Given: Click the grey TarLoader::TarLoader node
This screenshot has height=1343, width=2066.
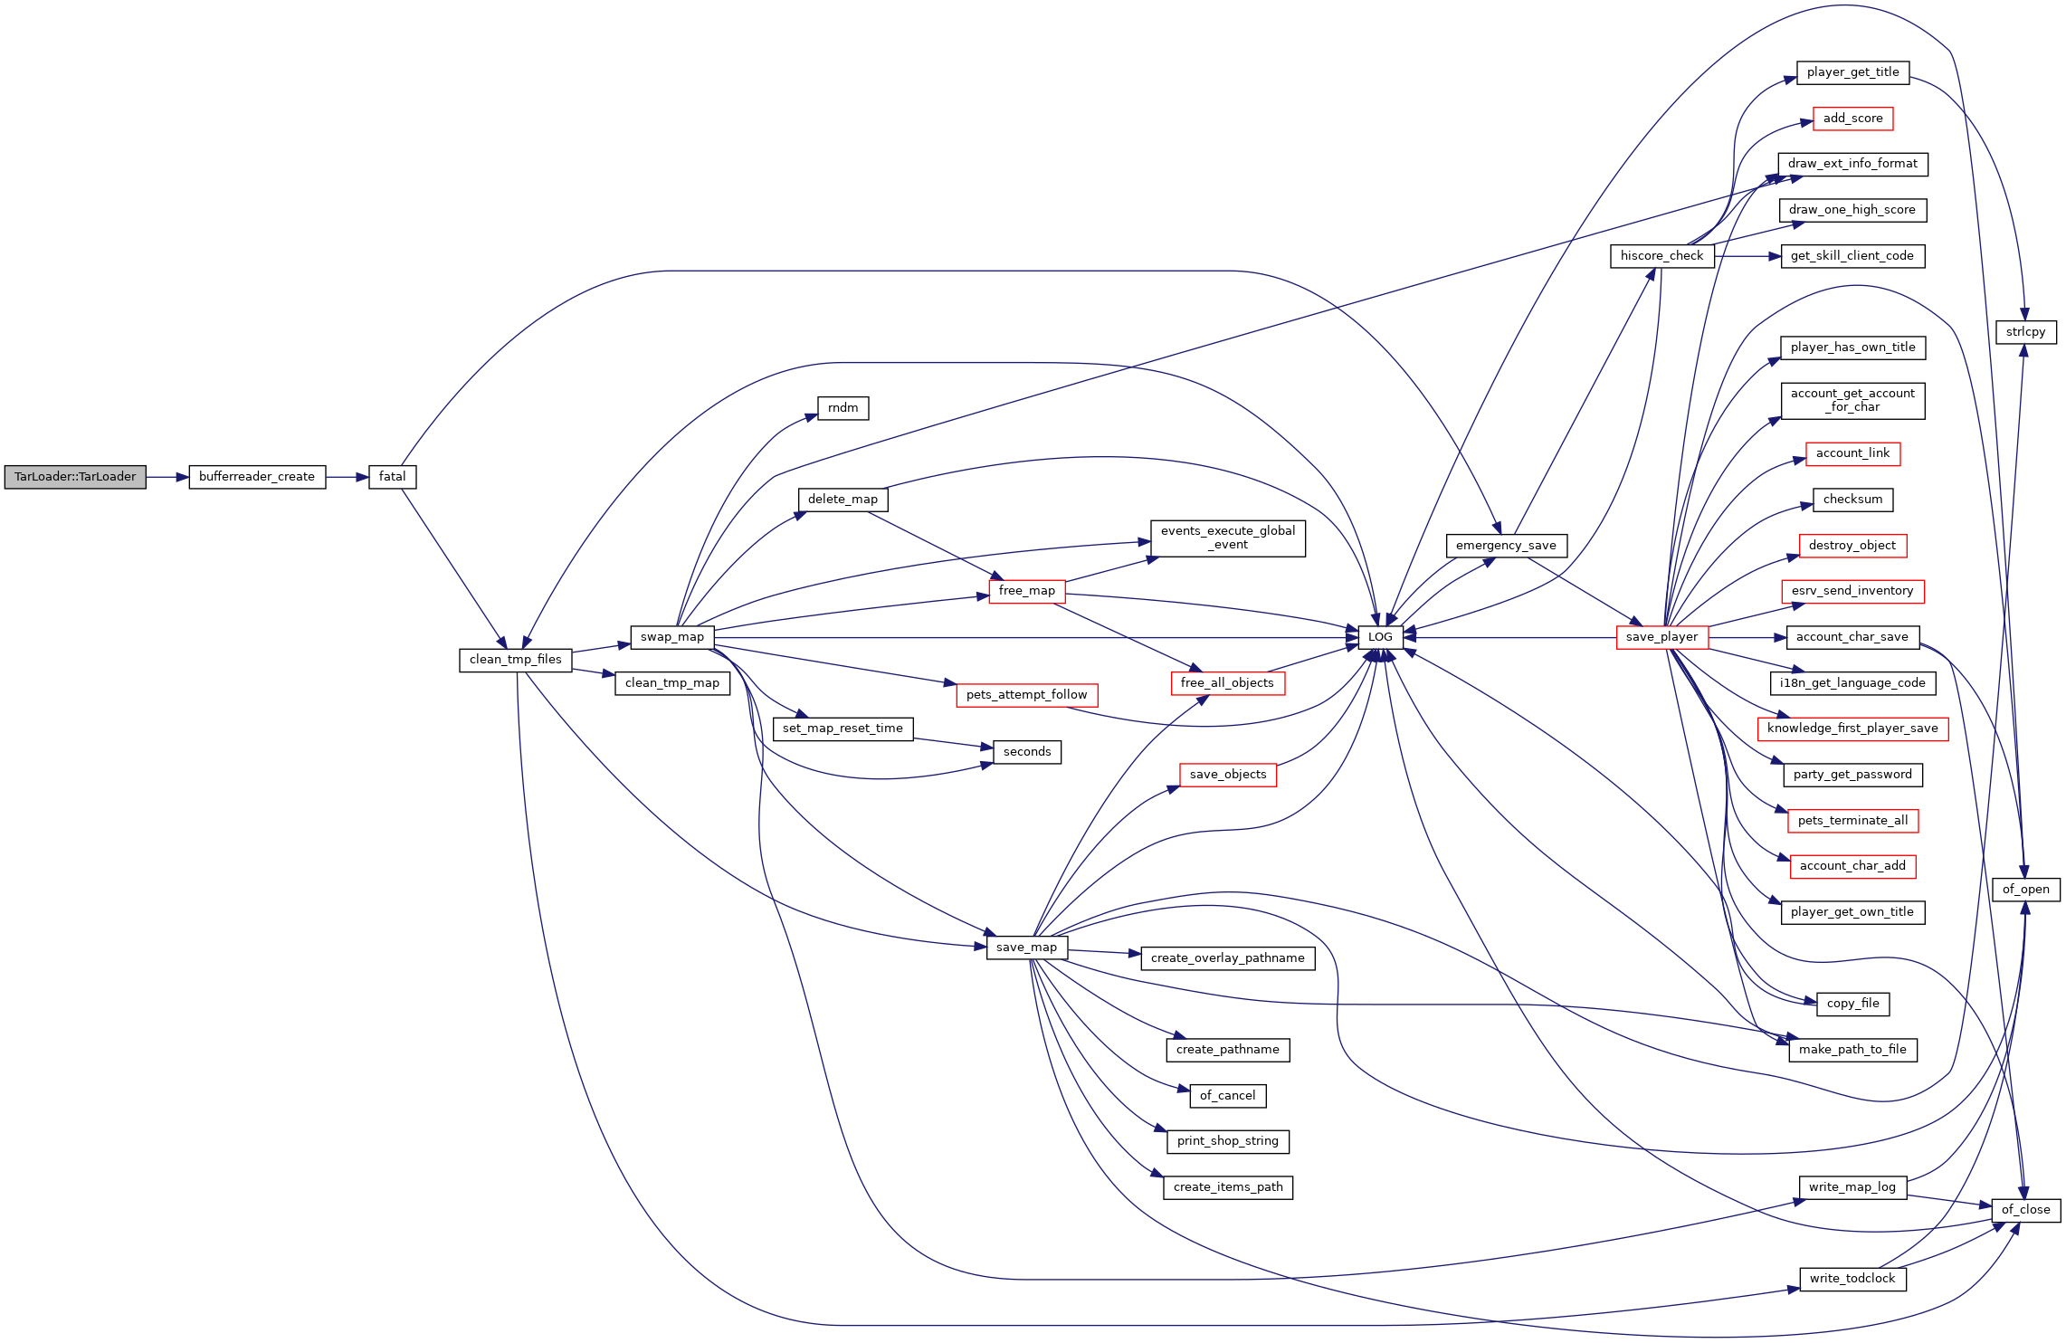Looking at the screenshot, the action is pos(75,477).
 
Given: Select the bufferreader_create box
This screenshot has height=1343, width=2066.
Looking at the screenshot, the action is pos(257,477).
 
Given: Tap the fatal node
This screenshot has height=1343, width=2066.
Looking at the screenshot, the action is pos(393,477).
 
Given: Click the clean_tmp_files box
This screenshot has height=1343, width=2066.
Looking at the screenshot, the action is pos(516,660).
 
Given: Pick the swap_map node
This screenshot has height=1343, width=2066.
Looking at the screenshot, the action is pos(672,637).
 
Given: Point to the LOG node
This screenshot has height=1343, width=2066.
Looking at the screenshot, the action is pos(1381,637).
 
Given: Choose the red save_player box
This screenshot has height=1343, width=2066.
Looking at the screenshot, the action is pos(1662,637).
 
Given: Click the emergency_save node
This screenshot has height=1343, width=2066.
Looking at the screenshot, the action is pos(1507,546).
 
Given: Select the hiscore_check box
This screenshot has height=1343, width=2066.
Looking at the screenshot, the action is pos(1662,256).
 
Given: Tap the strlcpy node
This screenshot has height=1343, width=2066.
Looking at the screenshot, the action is pos(2026,332).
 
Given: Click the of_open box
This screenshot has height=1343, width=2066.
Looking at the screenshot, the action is pos(2026,890).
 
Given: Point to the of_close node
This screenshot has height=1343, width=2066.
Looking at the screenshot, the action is pos(2026,1210).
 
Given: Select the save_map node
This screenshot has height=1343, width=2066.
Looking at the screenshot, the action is pos(1027,948).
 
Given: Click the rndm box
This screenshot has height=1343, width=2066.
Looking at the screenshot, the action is pos(843,408).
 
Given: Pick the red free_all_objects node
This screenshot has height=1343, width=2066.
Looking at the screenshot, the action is pos(1228,683).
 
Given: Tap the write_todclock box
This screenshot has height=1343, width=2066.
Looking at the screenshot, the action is pos(1852,1279).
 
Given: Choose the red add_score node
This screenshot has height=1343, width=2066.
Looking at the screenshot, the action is pos(1852,119).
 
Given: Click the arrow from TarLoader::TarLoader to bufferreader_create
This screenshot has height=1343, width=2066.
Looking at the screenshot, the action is pos(167,477).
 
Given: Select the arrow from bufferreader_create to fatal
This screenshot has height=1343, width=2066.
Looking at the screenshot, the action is pos(348,477).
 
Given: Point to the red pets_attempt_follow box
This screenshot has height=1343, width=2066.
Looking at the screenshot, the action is pos(1027,695).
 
